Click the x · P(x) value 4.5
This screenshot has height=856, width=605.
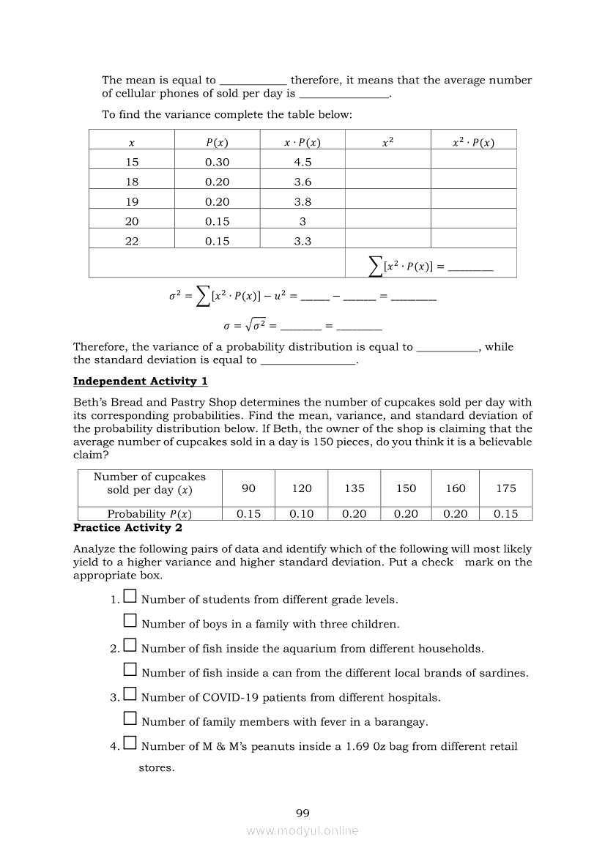pyautogui.click(x=302, y=163)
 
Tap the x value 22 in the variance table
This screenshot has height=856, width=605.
pyautogui.click(x=132, y=242)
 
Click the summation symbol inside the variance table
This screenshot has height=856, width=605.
pyautogui.click(x=376, y=267)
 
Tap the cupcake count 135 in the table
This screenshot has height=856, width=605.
pyautogui.click(x=355, y=488)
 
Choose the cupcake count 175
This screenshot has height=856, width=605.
pyautogui.click(x=505, y=488)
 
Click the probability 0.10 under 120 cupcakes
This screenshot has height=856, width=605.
pyautogui.click(x=302, y=514)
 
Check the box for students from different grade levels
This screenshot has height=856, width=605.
pyautogui.click(x=130, y=598)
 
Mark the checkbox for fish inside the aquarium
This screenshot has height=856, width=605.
pyautogui.click(x=130, y=647)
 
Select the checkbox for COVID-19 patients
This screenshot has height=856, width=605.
pyautogui.click(x=130, y=695)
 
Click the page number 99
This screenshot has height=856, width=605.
pyautogui.click(x=302, y=814)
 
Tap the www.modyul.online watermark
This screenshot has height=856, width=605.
pyautogui.click(x=302, y=831)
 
